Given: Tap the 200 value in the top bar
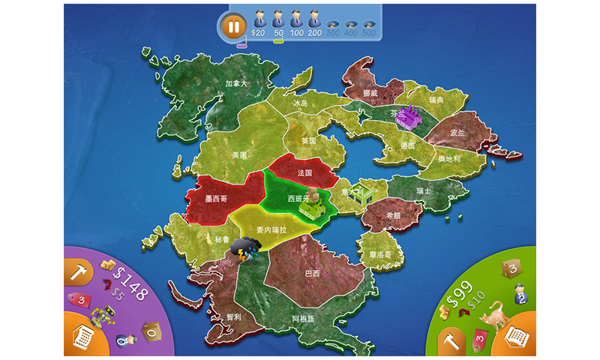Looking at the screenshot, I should [x=315, y=34].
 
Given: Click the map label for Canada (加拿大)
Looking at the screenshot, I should [x=236, y=83].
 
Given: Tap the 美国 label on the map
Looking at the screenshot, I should [x=239, y=155].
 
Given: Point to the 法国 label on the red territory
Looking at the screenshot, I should [x=304, y=172].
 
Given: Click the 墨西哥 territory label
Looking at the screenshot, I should [x=217, y=200].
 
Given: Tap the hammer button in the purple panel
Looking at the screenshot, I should [x=77, y=271].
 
